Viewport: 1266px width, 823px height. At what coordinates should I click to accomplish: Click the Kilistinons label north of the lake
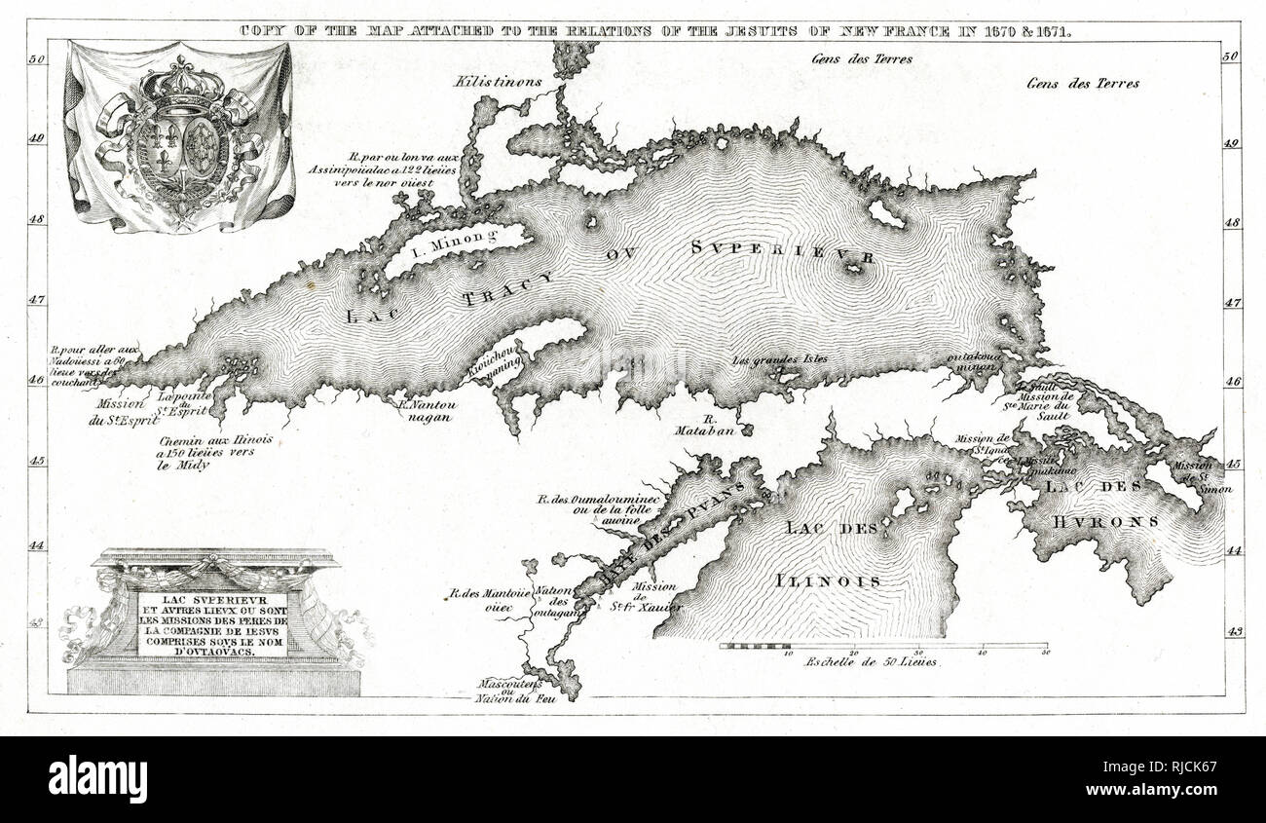497,82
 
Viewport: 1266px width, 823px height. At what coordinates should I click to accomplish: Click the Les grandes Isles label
780,358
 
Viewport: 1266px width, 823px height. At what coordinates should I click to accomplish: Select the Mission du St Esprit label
117,410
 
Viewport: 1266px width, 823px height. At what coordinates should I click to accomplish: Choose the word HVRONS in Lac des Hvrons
1104,521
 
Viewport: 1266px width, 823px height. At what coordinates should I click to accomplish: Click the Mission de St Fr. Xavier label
654,597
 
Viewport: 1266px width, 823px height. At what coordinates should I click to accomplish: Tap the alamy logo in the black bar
97,779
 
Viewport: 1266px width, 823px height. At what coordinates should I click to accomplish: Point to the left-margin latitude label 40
38,138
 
